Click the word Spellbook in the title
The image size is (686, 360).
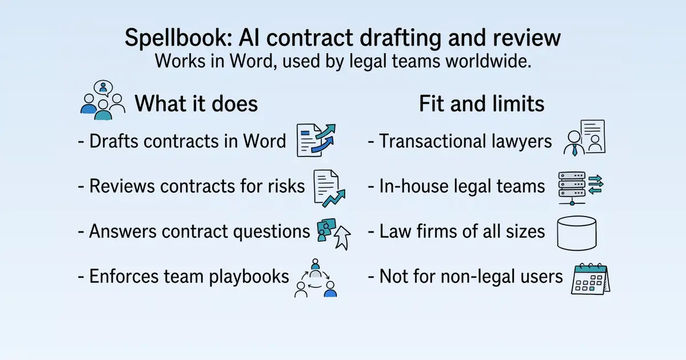178,38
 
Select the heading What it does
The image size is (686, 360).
196,103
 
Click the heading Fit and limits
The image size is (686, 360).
481,103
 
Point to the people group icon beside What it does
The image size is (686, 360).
103,100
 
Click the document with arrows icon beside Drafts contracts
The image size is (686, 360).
316,140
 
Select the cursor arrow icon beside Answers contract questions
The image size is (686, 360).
342,238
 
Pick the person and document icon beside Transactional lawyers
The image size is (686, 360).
584,138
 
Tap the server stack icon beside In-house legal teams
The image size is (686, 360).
581,188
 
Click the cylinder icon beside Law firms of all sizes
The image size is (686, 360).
577,233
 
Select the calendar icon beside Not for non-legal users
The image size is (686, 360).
591,279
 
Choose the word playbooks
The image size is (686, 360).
249,277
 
